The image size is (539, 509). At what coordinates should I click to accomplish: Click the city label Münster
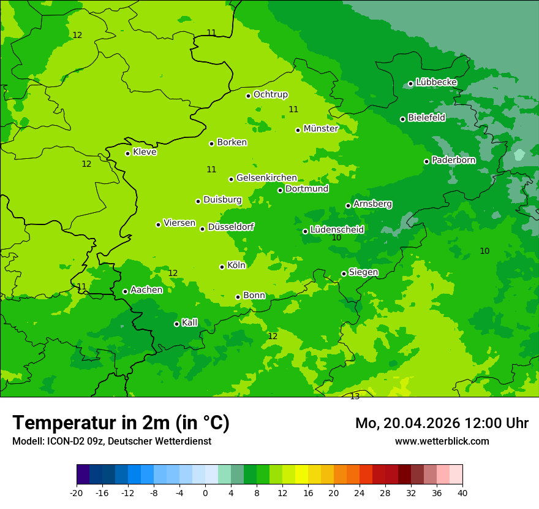[x=320, y=129]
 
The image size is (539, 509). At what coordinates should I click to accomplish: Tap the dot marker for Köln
[x=222, y=267]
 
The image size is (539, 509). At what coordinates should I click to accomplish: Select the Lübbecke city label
[x=436, y=82]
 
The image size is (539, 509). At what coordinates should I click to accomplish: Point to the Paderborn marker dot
[x=426, y=161]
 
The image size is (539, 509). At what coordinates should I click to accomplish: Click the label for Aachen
[x=146, y=290]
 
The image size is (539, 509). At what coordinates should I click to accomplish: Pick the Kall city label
[x=190, y=323]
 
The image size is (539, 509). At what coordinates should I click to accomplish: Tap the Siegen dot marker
[x=344, y=274]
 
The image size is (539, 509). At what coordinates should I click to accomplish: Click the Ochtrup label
[x=270, y=94]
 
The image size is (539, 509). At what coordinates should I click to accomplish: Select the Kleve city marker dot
[x=127, y=153]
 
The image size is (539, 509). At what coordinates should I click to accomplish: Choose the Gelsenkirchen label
[x=266, y=178]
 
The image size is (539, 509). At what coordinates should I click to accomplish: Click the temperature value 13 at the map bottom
[x=355, y=397]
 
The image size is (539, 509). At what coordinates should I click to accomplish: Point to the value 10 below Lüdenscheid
[x=336, y=238]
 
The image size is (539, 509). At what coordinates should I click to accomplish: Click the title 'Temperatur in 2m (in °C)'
[x=121, y=423]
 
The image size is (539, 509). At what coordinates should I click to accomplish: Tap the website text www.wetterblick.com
[x=442, y=441]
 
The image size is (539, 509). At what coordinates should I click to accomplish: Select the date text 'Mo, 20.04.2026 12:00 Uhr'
[x=442, y=423]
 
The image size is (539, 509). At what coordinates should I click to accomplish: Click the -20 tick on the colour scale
[x=77, y=492]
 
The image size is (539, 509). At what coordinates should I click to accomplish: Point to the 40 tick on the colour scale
[x=462, y=492]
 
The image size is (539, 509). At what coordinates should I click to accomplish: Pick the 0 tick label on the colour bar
[x=205, y=492]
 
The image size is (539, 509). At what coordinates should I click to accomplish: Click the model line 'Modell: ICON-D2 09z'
[x=111, y=441]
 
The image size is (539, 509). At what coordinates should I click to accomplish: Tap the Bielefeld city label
[x=426, y=118]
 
